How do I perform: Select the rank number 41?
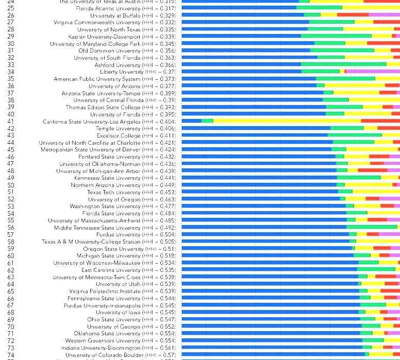pyautogui.click(x=11, y=122)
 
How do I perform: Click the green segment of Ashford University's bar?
pyautogui.click(x=343, y=64)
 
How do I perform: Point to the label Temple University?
pyautogui.click(x=112, y=128)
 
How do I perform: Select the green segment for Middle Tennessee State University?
pyautogui.click(x=372, y=227)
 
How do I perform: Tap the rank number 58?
pyautogui.click(x=11, y=242)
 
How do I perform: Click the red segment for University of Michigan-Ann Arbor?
pyautogui.click(x=372, y=170)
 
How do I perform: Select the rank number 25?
pyautogui.click(x=11, y=8)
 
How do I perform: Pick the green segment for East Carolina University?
pyautogui.click(x=376, y=270)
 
